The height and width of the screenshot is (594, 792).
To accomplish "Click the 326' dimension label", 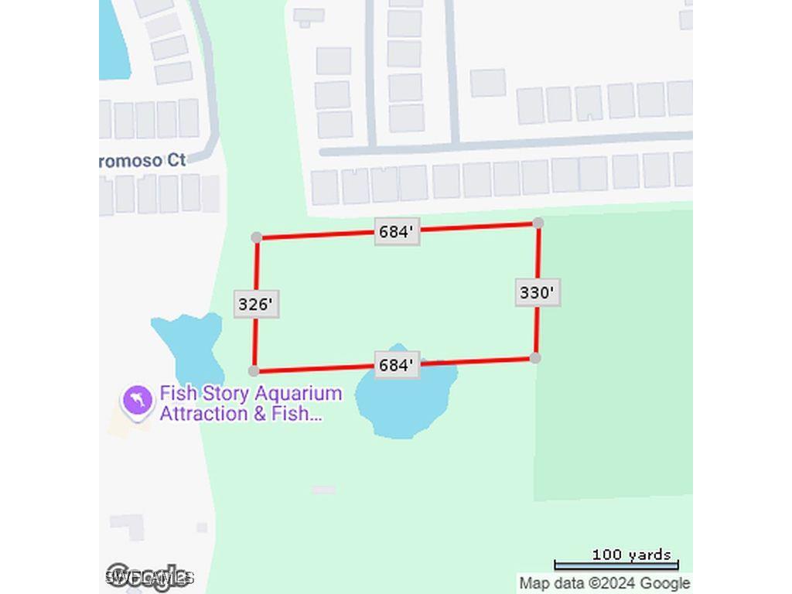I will point(256,304).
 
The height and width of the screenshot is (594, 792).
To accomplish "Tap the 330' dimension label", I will point(538,293).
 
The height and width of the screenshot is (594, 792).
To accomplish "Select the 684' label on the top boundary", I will point(397,231).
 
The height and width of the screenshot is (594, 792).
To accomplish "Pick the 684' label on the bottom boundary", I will point(397,364).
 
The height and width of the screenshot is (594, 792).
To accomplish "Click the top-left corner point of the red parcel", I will point(257,237).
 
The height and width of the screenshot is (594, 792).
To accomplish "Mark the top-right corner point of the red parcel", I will point(538,223).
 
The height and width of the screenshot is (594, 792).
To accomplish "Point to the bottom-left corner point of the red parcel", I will point(254,371).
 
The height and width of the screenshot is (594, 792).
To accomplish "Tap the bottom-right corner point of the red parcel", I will point(535,357).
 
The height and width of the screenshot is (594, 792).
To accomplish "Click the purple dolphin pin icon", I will point(137,401).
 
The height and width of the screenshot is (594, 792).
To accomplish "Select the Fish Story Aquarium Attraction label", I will point(251,403).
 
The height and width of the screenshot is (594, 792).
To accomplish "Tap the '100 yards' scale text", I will point(631,555).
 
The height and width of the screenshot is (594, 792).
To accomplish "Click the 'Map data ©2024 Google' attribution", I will point(604,583).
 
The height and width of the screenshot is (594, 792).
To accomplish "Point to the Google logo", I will point(148,576).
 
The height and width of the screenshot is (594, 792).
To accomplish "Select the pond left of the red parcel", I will point(189,345).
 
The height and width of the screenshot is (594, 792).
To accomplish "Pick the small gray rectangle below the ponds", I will point(323,490).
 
